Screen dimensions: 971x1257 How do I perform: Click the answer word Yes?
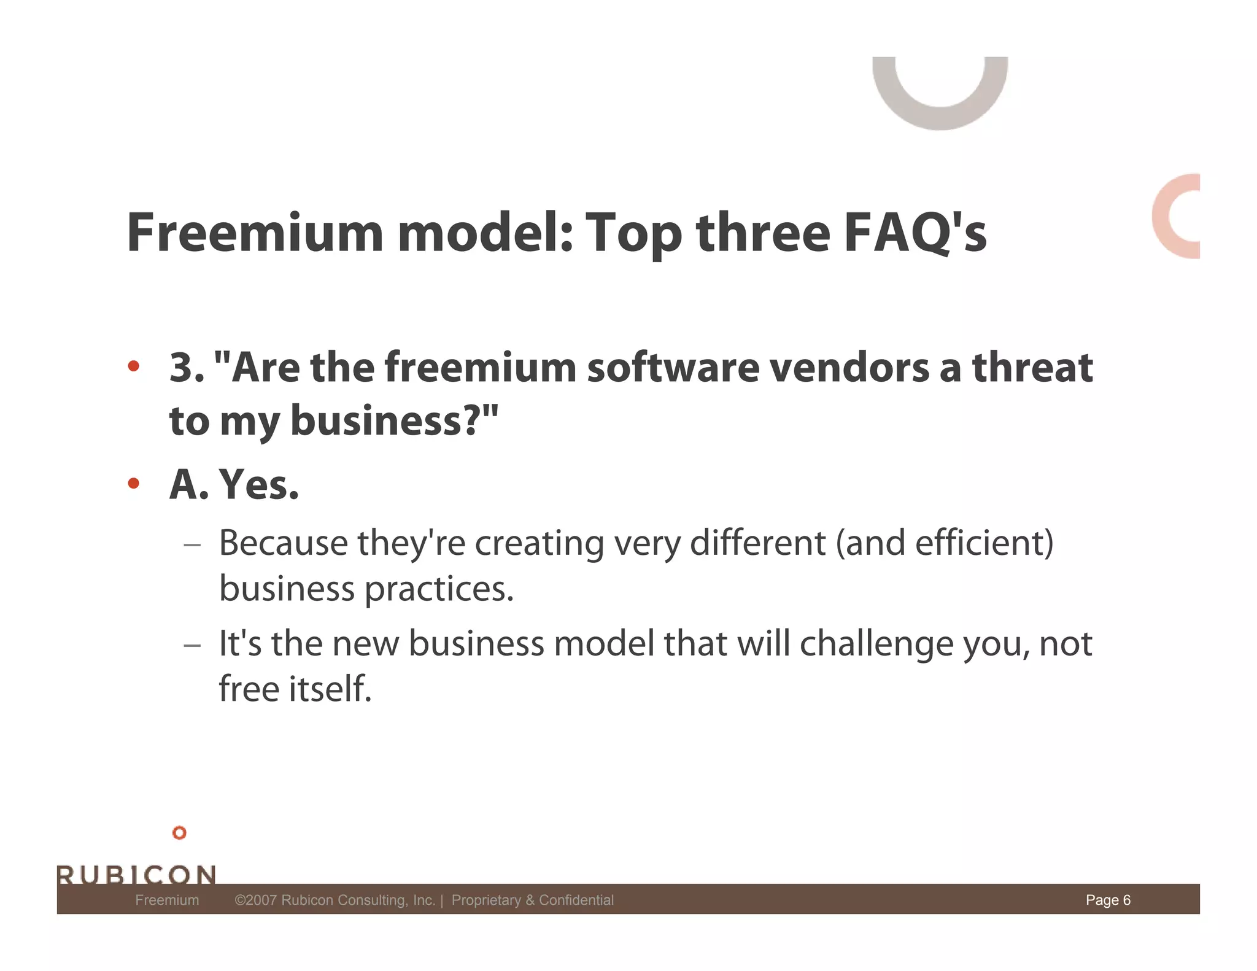click(x=258, y=485)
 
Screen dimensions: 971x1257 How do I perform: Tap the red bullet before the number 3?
click(x=133, y=367)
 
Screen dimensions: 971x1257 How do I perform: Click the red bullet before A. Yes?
click(x=133, y=484)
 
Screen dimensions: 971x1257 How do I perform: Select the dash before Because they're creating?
click(x=192, y=544)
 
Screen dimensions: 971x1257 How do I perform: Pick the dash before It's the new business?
click(x=192, y=645)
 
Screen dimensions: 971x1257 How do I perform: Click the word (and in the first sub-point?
click(x=870, y=543)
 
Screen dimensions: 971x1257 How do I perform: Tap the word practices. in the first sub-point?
click(x=439, y=589)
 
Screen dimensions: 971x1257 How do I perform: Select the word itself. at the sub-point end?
click(x=330, y=689)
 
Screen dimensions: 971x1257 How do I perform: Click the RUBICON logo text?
click(x=136, y=874)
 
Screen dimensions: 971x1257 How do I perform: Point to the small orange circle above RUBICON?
click(x=179, y=833)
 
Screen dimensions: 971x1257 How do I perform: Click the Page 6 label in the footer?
click(x=1108, y=900)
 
